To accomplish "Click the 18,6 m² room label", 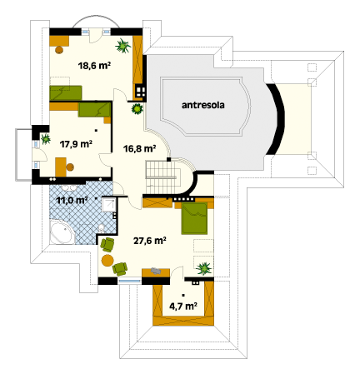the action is coord(94,66).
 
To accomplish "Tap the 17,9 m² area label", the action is coord(76,144).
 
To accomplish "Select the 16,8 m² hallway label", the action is coord(139,148).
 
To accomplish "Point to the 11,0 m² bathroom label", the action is coord(72,200).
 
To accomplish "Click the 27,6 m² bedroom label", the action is coord(150,241).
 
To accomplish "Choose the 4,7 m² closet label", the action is coord(183,307).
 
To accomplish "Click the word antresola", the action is coord(203,105).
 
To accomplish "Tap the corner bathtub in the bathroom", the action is coord(62,232).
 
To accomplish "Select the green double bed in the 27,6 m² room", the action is coord(194,218).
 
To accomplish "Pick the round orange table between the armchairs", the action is coord(107,261).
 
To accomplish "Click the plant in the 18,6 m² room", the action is coord(122,46).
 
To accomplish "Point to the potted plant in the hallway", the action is coord(137,108).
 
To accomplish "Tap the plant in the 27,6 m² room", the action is coord(204,268).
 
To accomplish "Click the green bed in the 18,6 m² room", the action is coord(66,92).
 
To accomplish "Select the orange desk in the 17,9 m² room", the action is coord(61,167).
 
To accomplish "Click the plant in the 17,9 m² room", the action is coord(45,138).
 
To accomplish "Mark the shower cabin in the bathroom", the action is coord(108,205).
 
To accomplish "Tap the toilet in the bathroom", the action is coord(102,228).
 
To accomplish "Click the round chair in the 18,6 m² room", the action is coord(59,50).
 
